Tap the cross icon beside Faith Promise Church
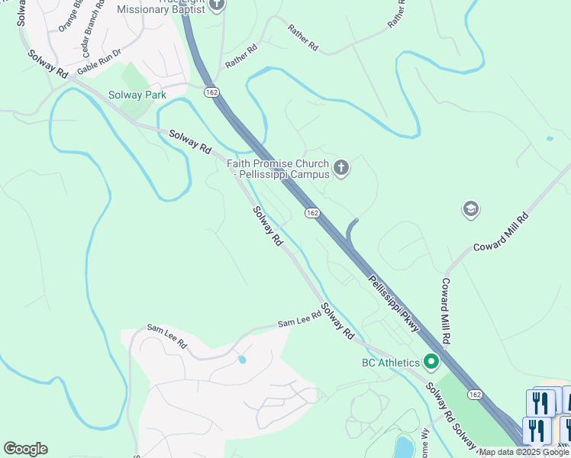pos(341,168)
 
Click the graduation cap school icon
pos(470,209)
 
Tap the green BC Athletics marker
pos(432,362)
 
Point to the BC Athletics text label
pos(391,363)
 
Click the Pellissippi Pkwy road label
pos(394,303)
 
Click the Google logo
pos(25,449)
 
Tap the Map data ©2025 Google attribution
pos(524,452)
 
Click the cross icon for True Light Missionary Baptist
pos(217,5)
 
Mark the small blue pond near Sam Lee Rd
pos(242,359)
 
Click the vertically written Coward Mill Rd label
pos(446,310)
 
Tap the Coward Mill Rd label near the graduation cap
pos(501,233)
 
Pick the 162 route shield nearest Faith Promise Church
pos(311,213)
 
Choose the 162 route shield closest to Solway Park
pos(211,92)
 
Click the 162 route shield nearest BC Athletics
pos(475,394)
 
